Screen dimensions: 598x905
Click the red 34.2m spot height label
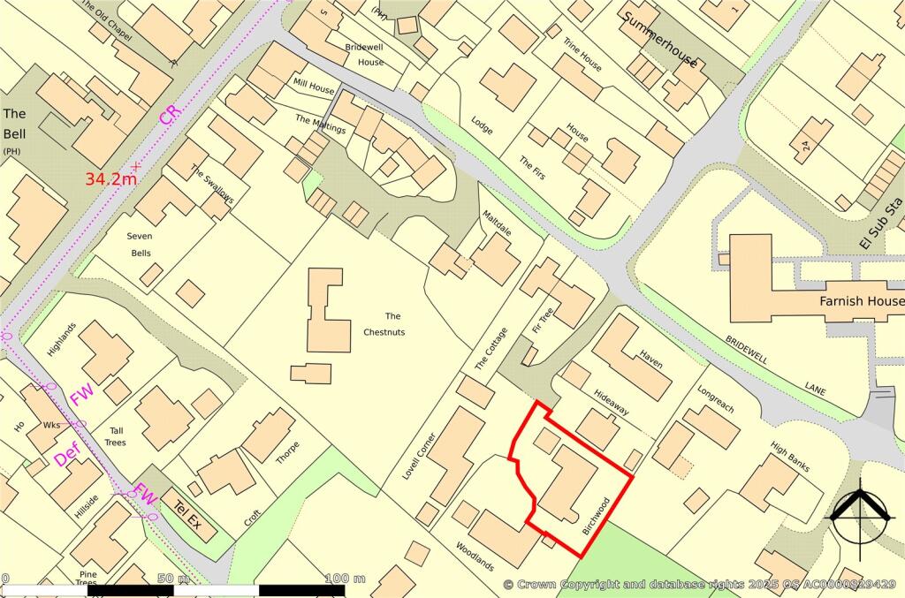(x=110, y=178)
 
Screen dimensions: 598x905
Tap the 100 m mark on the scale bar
(x=346, y=579)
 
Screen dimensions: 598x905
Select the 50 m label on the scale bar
(x=173, y=579)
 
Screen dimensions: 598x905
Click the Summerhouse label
(x=659, y=40)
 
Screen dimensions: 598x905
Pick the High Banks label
(x=790, y=457)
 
